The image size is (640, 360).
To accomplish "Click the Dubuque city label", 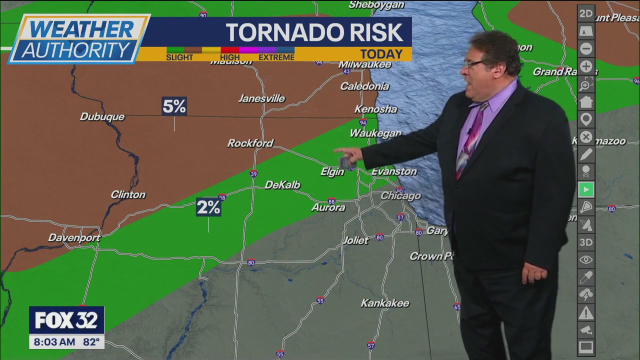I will (x=102, y=116).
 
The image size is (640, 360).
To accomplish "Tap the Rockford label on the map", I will (x=250, y=143).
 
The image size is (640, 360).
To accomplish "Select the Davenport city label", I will (x=74, y=238).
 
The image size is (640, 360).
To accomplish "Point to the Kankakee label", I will (x=385, y=303).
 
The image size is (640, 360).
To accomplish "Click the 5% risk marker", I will (x=174, y=106).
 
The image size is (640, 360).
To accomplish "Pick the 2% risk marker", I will (x=208, y=207).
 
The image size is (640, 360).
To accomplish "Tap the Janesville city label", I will (x=261, y=98).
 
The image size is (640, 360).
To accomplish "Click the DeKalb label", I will (x=282, y=185).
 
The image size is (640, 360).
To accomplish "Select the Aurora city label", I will (x=328, y=207).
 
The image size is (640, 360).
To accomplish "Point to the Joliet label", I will (x=355, y=240).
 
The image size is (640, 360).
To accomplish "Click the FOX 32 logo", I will (x=66, y=320).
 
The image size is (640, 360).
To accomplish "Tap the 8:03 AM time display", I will (x=54, y=342).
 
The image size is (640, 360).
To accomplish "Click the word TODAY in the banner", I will (x=381, y=54).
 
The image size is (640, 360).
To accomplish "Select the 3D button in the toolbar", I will (x=586, y=242).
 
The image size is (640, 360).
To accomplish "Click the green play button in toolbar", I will (x=586, y=189).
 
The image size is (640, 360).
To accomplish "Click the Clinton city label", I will (x=128, y=194).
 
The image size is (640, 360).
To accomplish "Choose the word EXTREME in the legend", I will (x=276, y=57).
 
